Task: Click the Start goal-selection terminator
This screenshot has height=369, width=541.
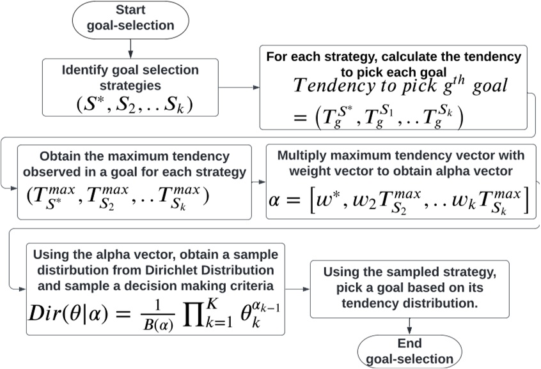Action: click(131, 19)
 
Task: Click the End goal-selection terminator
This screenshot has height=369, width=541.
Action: click(409, 352)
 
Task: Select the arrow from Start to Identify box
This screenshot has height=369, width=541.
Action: click(130, 47)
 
